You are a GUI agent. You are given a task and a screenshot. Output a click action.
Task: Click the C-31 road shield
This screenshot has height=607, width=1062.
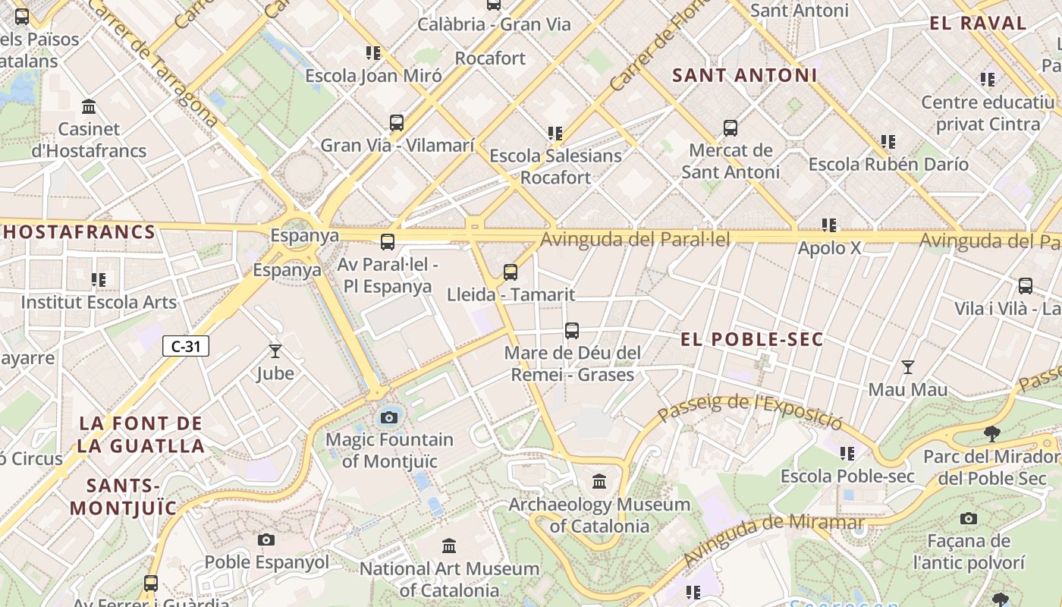[186, 347]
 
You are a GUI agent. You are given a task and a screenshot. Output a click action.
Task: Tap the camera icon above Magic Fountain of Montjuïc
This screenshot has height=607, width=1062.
[389, 417]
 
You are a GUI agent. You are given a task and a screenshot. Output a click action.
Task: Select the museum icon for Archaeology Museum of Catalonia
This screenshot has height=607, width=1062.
[599, 482]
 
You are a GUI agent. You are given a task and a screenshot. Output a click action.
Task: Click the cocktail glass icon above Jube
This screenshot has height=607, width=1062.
[275, 351]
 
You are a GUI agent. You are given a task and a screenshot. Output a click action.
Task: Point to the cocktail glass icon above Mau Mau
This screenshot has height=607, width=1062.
[907, 367]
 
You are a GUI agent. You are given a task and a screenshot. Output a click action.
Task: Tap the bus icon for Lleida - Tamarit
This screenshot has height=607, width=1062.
[511, 272]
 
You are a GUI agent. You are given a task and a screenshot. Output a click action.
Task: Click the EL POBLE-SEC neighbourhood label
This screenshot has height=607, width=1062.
[752, 339]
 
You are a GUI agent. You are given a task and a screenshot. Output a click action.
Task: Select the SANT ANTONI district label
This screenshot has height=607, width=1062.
[745, 75]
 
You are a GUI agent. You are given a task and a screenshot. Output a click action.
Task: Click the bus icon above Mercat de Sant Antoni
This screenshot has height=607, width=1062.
[731, 128]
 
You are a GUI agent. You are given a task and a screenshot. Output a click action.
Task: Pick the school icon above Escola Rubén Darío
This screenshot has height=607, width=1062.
[888, 142]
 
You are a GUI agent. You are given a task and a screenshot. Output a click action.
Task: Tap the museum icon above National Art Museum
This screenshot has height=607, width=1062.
[449, 546]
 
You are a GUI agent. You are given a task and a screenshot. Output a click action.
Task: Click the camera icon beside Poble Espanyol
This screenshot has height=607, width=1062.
[265, 539]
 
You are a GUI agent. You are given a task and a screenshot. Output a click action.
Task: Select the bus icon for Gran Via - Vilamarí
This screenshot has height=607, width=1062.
[397, 123]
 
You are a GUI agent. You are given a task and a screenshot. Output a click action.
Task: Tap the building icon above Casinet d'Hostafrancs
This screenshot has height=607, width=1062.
[89, 106]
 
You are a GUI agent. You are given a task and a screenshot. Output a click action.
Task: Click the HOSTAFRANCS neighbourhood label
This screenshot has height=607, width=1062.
[79, 232]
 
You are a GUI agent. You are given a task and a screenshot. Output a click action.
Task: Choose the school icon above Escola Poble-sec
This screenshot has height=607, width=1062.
[847, 454]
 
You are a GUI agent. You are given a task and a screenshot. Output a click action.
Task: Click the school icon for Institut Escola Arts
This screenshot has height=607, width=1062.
[99, 280]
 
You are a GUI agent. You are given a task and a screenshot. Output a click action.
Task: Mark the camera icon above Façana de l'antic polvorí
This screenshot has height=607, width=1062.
[968, 518]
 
